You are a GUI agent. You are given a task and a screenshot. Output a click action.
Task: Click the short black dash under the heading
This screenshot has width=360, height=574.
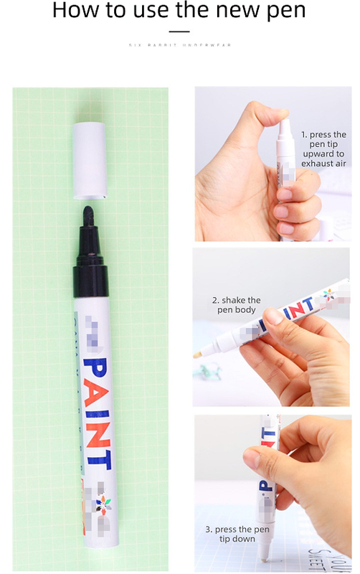pos(179,31)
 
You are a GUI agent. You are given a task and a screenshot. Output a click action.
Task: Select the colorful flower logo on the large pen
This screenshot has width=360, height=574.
pos(105,504)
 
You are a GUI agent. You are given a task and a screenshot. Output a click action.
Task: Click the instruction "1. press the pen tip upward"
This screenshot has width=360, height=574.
pos(322,149)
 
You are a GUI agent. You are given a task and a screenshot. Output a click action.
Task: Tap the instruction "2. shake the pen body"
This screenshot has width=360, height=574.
pos(236,305)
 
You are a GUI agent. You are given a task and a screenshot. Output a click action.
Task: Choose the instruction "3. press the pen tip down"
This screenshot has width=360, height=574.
pos(236,534)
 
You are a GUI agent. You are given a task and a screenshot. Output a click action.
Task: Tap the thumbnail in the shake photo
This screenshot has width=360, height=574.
pos(275,317)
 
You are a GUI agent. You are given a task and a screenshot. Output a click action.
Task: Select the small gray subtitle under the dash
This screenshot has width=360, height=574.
pos(179,45)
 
